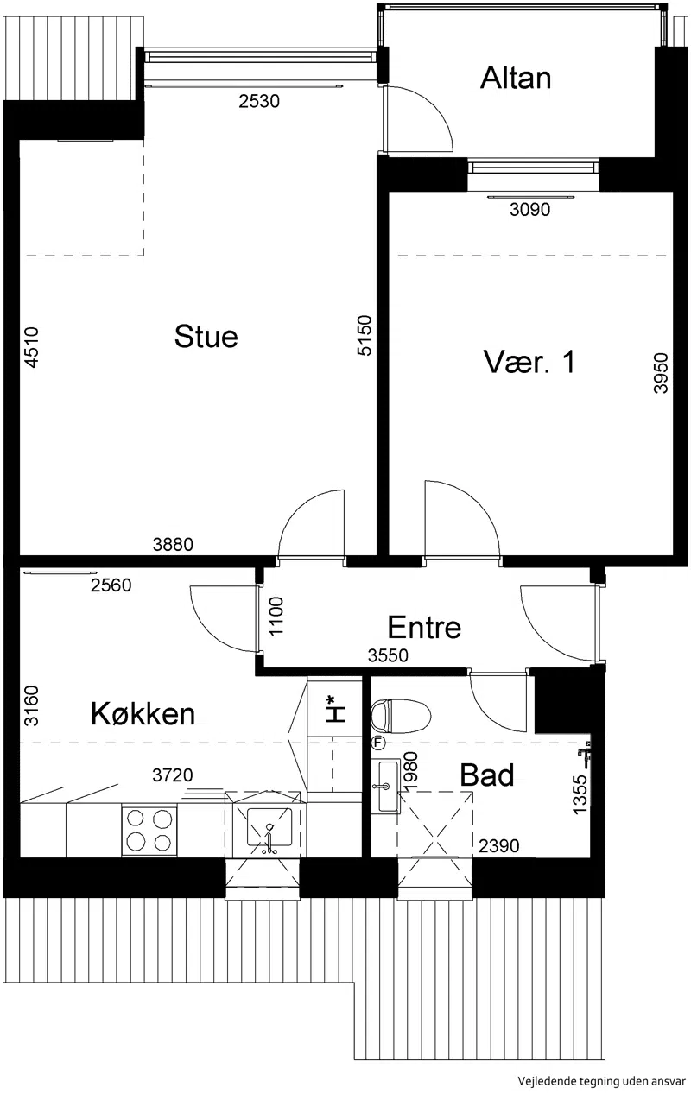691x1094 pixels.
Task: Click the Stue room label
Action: coord(206,337)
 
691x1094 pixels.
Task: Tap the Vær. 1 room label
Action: coord(529,362)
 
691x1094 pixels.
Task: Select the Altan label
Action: coord(516,78)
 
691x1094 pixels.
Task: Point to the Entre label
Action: coord(424,628)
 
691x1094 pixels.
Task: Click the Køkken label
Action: coord(143,713)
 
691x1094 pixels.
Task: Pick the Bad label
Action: coord(487,775)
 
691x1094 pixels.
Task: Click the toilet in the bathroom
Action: coord(401,716)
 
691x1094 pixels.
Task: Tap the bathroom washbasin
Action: coord(385,786)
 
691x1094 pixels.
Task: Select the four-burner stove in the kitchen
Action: coord(149,831)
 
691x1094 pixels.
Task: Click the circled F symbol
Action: coord(377,743)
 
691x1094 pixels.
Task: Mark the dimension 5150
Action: coord(365,336)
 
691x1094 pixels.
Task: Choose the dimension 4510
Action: coord(31,347)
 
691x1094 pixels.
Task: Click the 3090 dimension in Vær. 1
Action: coord(529,210)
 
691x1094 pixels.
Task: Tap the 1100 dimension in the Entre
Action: coord(276,617)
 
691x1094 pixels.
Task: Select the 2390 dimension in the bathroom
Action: coord(498,845)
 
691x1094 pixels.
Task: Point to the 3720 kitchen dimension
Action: coord(173,775)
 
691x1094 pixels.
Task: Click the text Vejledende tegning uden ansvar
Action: coord(601,1081)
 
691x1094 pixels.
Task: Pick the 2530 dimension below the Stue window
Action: coord(259,101)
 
